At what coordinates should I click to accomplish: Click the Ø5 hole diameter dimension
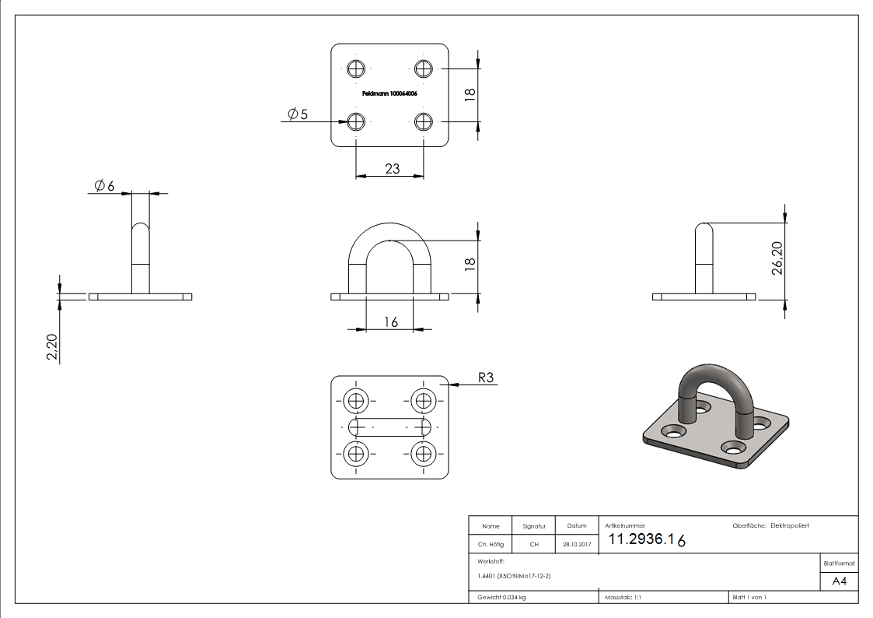click(x=298, y=114)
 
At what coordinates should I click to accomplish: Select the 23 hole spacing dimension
click(x=392, y=167)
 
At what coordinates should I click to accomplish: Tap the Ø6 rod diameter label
click(x=104, y=186)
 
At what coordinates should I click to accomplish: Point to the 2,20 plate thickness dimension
click(x=51, y=347)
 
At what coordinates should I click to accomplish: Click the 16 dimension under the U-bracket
click(x=390, y=321)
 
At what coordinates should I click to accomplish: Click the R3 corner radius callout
click(x=486, y=378)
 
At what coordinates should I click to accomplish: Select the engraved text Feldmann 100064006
click(x=390, y=93)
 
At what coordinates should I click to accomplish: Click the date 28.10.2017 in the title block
click(x=576, y=545)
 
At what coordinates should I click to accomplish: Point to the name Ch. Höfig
click(x=490, y=545)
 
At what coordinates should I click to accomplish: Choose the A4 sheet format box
click(x=839, y=581)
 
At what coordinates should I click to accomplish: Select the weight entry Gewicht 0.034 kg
click(x=501, y=598)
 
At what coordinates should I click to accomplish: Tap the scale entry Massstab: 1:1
click(x=623, y=598)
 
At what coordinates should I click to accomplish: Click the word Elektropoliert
click(x=790, y=526)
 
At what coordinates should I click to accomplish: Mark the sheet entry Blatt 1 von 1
click(x=749, y=598)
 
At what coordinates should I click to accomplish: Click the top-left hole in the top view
click(x=356, y=68)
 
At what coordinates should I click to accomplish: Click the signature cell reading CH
click(x=534, y=545)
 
